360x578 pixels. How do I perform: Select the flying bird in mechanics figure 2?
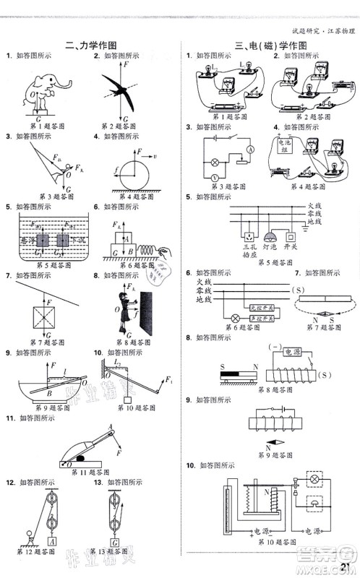coord(121,87)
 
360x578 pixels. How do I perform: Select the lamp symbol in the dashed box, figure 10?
coord(315,480)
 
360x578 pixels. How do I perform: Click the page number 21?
coord(345,567)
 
